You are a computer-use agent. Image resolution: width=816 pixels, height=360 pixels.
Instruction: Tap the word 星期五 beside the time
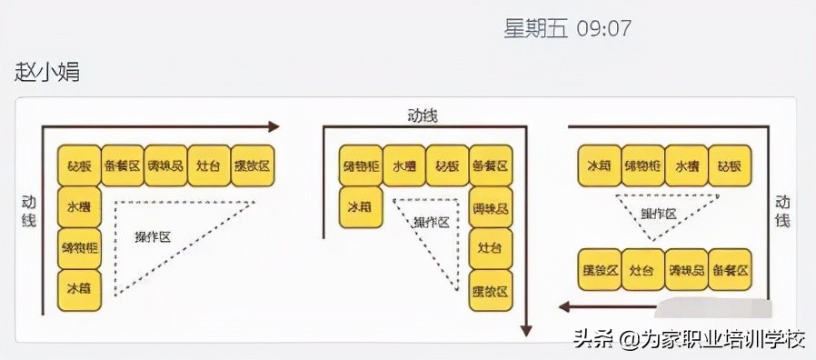click(535, 28)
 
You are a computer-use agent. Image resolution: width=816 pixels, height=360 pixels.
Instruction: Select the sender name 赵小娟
click(47, 72)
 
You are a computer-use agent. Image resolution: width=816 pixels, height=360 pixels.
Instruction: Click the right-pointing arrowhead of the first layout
click(274, 127)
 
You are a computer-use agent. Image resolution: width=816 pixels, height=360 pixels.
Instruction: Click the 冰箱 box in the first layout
click(79, 288)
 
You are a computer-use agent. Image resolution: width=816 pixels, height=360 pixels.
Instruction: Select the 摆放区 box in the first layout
click(254, 165)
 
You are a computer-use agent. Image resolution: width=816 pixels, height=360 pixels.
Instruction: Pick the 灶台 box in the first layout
click(210, 165)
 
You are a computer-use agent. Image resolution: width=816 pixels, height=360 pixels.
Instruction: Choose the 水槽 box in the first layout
click(79, 206)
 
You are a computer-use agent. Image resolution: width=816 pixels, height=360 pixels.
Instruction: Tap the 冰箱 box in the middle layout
click(361, 206)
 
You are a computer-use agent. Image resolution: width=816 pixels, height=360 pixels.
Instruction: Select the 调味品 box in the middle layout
click(492, 206)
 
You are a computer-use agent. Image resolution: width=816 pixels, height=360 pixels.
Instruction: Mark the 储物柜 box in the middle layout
click(361, 165)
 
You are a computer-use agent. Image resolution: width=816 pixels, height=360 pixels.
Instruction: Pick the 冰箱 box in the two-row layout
click(600, 166)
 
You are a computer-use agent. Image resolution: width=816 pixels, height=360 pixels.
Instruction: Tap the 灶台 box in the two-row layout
click(643, 269)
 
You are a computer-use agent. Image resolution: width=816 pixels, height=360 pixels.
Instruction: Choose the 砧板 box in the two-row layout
click(731, 166)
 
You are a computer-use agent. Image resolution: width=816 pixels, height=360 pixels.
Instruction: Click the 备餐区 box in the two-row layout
click(731, 269)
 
